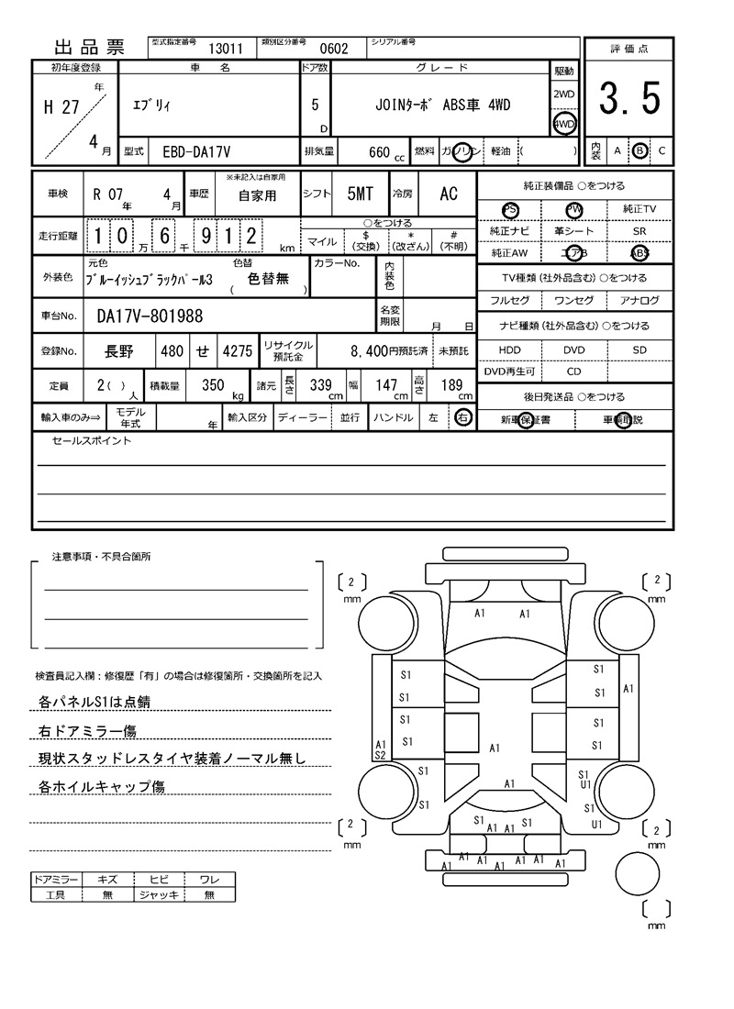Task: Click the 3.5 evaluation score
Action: [x=629, y=99]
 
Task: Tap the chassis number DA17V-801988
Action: [x=150, y=316]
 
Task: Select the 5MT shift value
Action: [x=360, y=194]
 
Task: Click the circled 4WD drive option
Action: [x=563, y=124]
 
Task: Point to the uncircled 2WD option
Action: [x=563, y=94]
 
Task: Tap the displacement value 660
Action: [x=379, y=152]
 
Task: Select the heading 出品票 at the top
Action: [x=89, y=48]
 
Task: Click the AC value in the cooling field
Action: [x=448, y=194]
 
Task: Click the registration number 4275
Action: [x=237, y=350]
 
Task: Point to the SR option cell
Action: [x=639, y=232]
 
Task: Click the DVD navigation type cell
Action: [x=573, y=350]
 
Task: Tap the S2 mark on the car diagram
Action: [x=380, y=755]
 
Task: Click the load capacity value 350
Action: [x=213, y=386]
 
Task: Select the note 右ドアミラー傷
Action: [x=88, y=731]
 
